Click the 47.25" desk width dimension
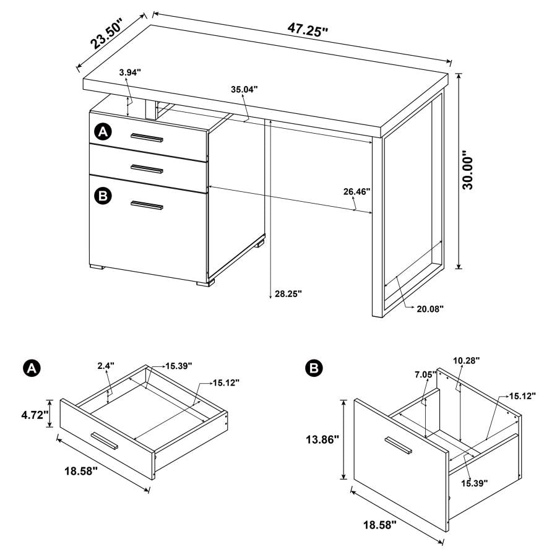(307, 29)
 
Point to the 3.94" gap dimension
(130, 73)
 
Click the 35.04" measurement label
(244, 89)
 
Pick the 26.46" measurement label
(356, 192)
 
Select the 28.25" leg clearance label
(288, 294)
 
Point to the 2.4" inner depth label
(106, 366)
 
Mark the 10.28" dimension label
(466, 360)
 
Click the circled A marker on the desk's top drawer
(103, 131)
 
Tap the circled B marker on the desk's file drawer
(103, 196)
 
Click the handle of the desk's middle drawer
(147, 169)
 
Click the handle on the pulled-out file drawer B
(397, 446)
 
